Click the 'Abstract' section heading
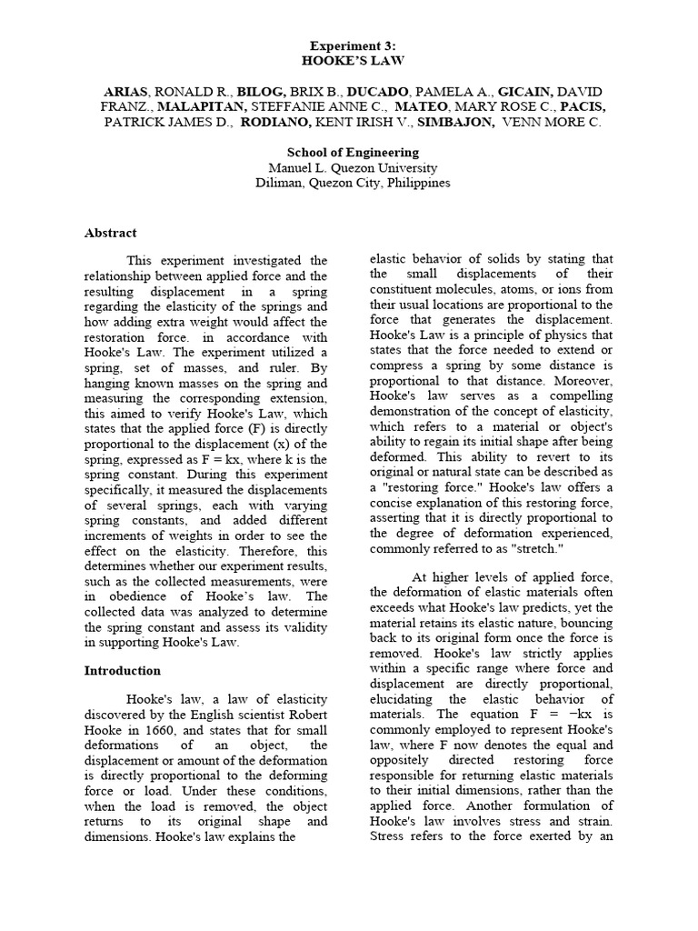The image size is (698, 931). click(x=110, y=233)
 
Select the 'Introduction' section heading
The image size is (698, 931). click(x=122, y=671)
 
